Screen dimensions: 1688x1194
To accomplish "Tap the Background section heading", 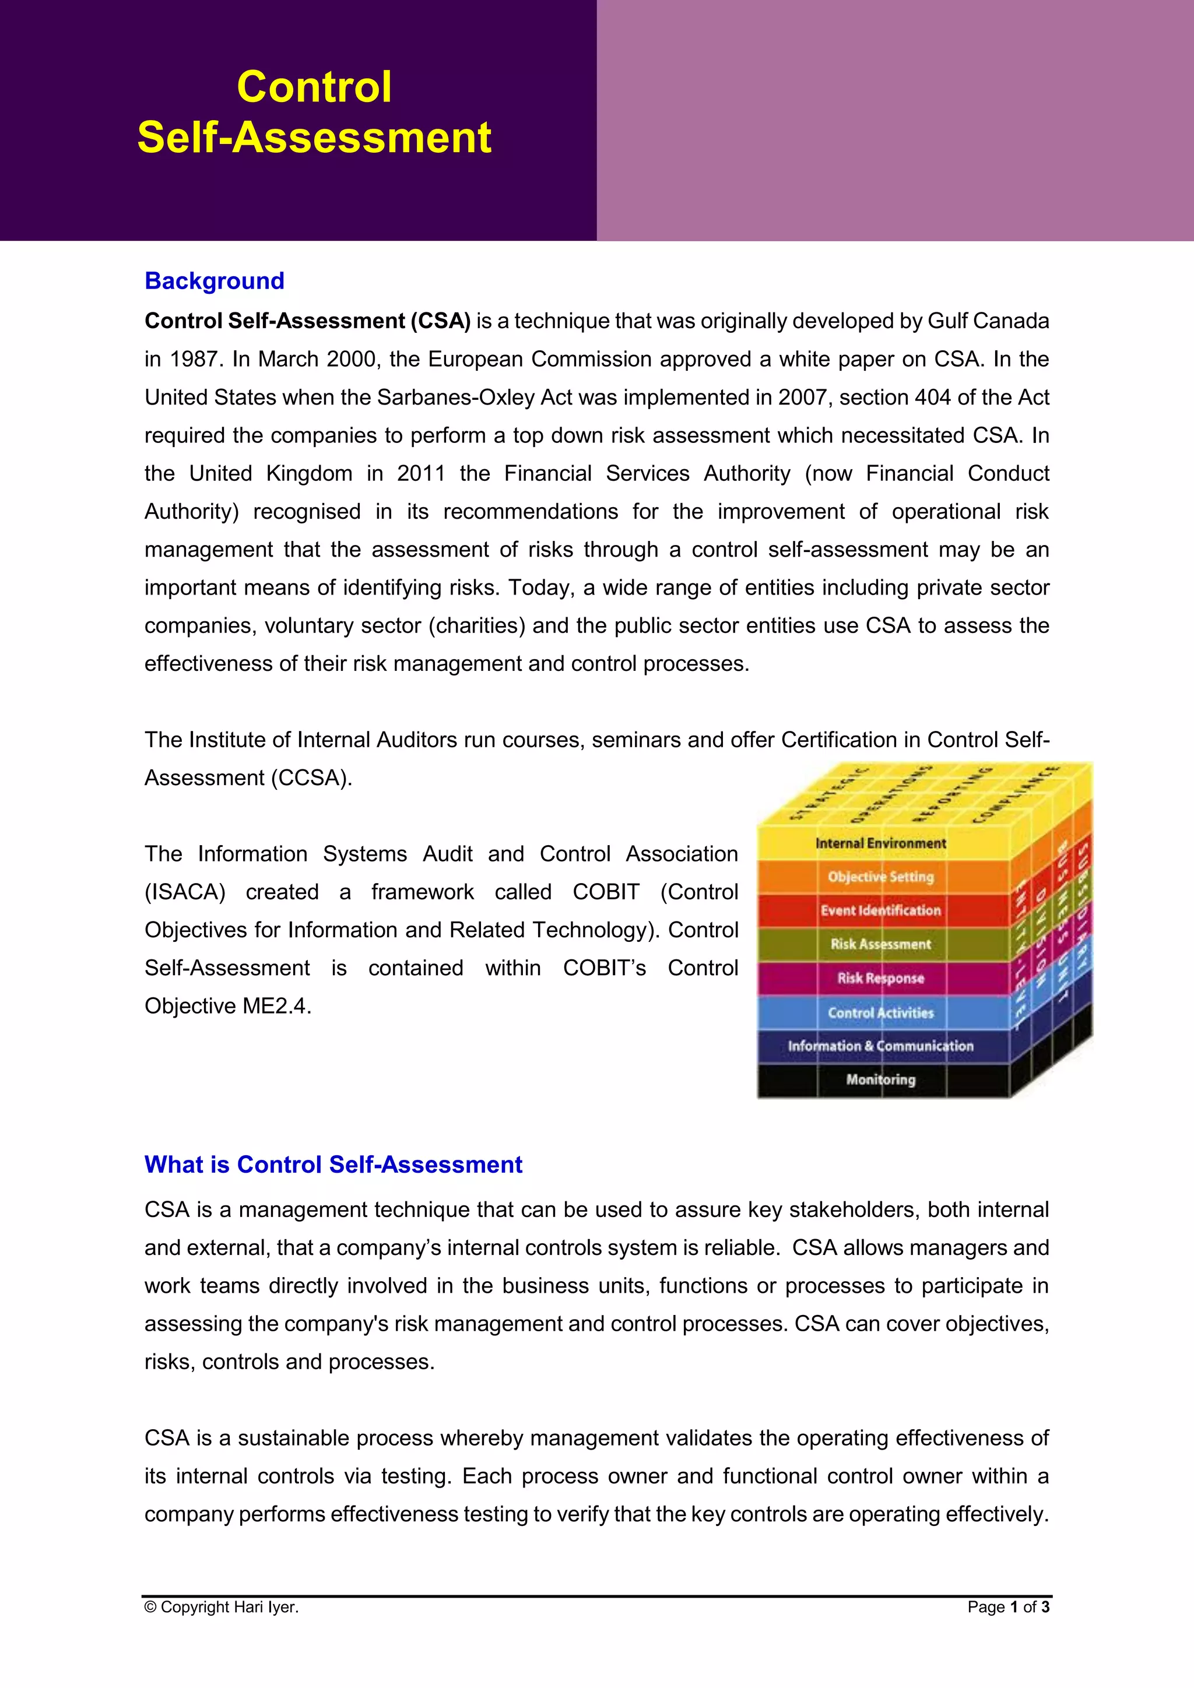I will click(214, 281).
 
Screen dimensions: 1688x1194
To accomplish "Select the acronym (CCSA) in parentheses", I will click(311, 778).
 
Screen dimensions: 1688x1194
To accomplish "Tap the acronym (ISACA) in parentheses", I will click(185, 892).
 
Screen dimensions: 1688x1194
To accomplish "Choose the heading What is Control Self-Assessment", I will click(333, 1165).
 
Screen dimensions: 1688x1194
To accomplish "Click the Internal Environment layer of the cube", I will click(880, 843).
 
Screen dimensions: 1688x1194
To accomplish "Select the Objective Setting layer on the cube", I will click(880, 876).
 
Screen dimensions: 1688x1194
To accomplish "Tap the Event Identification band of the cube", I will click(880, 910).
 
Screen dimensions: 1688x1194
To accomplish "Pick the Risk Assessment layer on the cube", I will click(880, 944).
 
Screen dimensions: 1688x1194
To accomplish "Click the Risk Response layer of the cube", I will click(880, 978).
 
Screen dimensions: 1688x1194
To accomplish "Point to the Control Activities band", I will click(880, 1012).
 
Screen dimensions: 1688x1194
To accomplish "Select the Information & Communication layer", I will click(880, 1046).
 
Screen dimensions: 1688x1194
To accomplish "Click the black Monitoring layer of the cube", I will click(880, 1079).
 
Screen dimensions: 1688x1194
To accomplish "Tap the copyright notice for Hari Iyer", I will click(222, 1607).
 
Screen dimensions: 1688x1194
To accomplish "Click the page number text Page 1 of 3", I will click(1008, 1607).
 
